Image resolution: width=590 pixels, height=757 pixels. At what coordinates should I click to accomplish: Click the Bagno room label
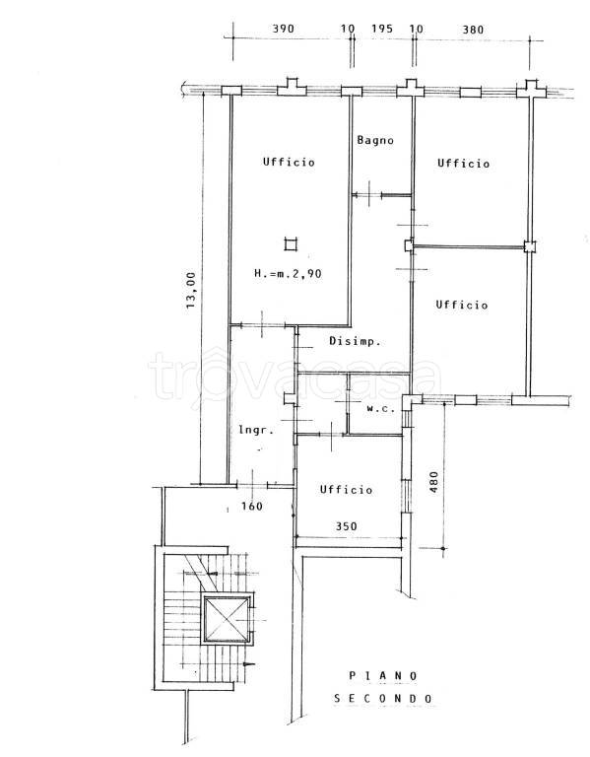375,141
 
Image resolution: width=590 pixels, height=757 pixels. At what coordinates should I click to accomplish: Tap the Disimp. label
355,341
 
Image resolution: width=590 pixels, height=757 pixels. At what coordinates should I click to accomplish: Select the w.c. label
381,408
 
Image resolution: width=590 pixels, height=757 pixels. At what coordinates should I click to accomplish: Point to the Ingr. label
257,429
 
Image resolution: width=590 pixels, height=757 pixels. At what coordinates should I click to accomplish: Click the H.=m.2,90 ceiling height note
288,274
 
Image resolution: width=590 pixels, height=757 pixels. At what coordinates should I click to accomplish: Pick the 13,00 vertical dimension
191,290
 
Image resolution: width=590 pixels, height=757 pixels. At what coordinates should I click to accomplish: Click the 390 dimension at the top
284,29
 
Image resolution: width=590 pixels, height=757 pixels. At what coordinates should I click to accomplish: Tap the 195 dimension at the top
382,29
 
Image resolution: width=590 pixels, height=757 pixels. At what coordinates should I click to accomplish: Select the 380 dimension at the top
473,30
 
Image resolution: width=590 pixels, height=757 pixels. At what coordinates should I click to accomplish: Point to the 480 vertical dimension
433,482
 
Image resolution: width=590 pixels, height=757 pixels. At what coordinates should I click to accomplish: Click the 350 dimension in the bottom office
347,525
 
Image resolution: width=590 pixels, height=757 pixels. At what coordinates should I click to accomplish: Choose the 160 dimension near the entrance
252,506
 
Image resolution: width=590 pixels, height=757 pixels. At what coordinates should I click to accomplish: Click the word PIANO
383,676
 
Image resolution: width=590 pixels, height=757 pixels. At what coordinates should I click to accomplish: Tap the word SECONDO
383,698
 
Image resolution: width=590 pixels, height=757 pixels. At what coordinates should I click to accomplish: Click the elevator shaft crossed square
227,619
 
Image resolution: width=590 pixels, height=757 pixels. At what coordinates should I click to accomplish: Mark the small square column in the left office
290,244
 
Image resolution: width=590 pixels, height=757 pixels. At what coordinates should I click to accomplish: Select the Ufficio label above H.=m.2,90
289,162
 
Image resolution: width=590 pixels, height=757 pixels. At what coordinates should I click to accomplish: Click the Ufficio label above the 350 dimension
347,490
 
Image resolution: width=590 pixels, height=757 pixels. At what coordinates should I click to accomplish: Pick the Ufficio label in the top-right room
464,164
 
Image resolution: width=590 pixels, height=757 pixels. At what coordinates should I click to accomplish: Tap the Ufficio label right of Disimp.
462,305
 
